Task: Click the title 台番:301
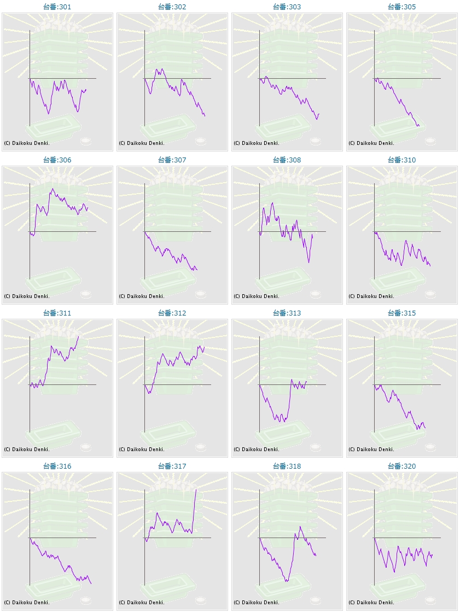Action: [x=57, y=7]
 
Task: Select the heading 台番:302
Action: [x=172, y=7]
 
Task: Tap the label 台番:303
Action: [x=287, y=7]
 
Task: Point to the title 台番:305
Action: [x=402, y=7]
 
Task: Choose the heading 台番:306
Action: [x=57, y=160]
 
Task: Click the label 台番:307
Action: [x=172, y=160]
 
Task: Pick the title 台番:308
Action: [x=287, y=160]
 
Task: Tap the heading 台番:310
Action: [x=402, y=160]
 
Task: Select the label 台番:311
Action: [x=57, y=313]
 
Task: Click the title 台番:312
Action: [x=172, y=313]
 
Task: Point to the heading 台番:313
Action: [x=287, y=313]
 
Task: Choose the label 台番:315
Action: [x=402, y=313]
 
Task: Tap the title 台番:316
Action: [x=57, y=466]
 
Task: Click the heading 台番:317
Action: [x=172, y=466]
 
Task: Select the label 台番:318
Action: [x=287, y=466]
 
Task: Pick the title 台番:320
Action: [x=402, y=466]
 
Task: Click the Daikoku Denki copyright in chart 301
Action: [x=27, y=143]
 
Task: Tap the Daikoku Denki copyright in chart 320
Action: [x=371, y=603]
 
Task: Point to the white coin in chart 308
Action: [x=316, y=294]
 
